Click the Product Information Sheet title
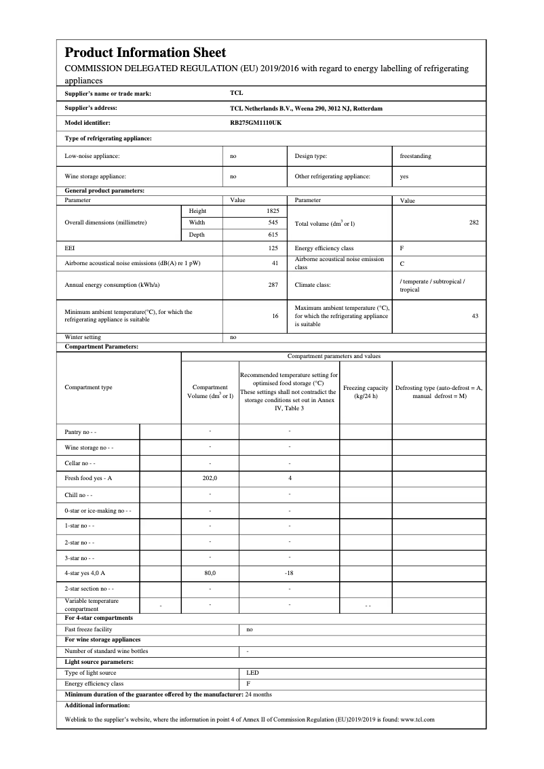click(x=145, y=52)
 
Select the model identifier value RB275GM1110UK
click(x=256, y=123)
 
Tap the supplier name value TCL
click(x=236, y=94)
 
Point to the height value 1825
click(x=273, y=211)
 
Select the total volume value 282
click(x=473, y=222)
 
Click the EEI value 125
click(x=273, y=248)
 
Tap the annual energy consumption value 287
click(x=273, y=285)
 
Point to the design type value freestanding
click(x=415, y=156)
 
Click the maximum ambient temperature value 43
click(x=475, y=315)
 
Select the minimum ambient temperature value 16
click(x=275, y=315)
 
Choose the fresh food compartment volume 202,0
click(x=210, y=478)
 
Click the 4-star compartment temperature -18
click(x=289, y=573)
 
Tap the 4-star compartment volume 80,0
click(x=210, y=573)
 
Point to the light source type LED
click(x=252, y=673)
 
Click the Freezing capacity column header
click(x=366, y=392)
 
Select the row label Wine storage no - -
click(x=89, y=448)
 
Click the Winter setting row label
click(x=83, y=337)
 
